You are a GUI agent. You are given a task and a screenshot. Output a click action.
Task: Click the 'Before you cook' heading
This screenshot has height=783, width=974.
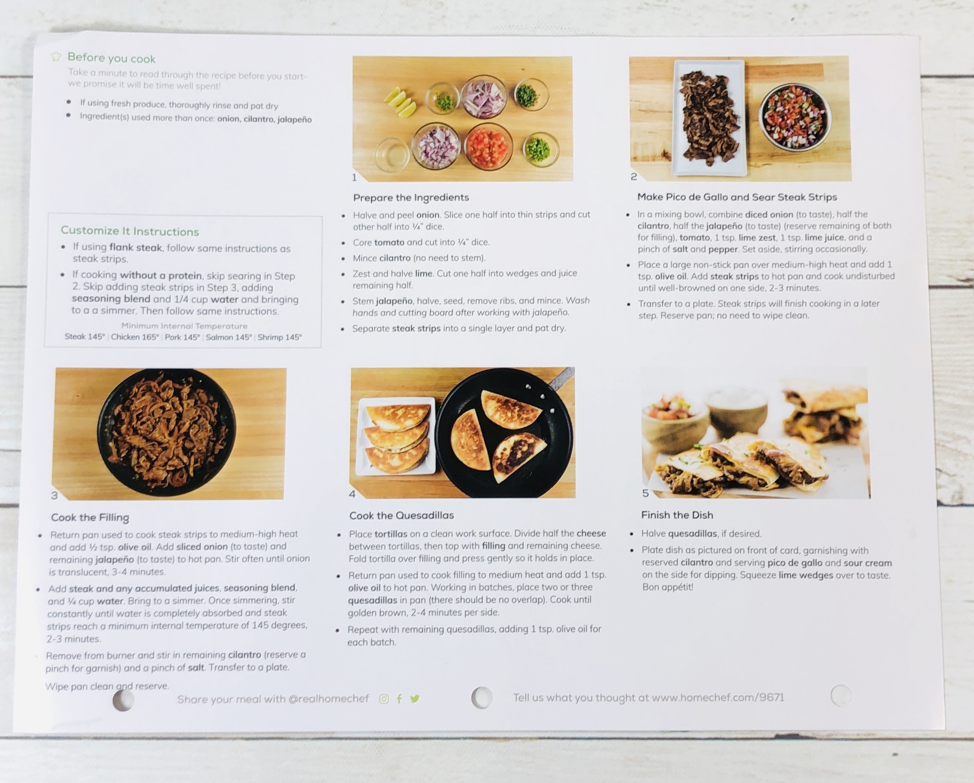click(x=111, y=58)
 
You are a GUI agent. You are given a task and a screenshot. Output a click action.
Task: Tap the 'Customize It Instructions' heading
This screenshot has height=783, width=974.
click(x=130, y=231)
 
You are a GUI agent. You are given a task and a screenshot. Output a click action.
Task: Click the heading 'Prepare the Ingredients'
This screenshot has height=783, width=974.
click(x=411, y=198)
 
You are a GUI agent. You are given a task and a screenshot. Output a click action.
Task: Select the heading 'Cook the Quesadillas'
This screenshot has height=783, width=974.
click(x=401, y=515)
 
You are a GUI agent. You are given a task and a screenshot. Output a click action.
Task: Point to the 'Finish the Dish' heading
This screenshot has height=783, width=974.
click(x=677, y=515)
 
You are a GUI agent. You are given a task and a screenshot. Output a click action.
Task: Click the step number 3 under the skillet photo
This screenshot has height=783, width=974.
click(x=54, y=495)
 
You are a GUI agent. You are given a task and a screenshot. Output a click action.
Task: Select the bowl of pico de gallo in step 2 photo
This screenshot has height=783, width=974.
click(x=794, y=117)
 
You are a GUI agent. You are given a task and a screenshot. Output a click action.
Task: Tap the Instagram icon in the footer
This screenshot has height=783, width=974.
click(x=384, y=699)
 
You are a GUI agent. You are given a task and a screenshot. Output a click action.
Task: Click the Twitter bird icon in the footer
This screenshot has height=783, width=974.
click(x=415, y=699)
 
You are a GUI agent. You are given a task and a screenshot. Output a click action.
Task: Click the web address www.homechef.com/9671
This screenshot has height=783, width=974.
click(x=718, y=697)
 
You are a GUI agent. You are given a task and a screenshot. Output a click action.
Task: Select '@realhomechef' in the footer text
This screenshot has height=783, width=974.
click(x=328, y=699)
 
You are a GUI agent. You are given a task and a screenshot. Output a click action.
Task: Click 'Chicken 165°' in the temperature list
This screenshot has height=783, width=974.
click(x=135, y=337)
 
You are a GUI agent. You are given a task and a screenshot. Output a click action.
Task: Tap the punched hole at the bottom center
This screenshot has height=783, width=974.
click(x=481, y=697)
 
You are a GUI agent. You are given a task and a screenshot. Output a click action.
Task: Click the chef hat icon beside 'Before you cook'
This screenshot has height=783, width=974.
click(x=56, y=57)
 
